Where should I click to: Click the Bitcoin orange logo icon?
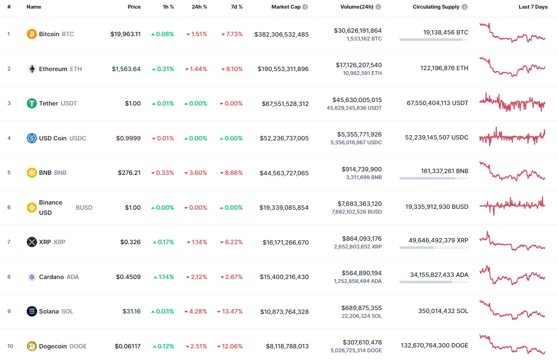[32, 34]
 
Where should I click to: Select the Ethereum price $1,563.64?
[126, 69]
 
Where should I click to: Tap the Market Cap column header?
[286, 7]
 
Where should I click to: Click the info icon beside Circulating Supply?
[464, 7]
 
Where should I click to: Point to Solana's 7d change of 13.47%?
[232, 311]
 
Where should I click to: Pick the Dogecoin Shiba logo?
[32, 346]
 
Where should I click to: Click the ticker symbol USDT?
[69, 103]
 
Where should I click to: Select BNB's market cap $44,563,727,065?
[284, 173]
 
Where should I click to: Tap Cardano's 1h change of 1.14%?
[164, 277]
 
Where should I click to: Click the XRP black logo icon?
[32, 242]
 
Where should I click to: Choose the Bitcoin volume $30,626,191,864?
[358, 31]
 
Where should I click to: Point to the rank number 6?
[9, 208]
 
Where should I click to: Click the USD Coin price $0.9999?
[128, 138]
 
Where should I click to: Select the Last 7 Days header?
[533, 7]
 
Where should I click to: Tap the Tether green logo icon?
[32, 103]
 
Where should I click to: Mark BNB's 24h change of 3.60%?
[196, 173]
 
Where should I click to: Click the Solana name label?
[49, 311]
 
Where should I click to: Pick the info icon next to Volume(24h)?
[378, 7]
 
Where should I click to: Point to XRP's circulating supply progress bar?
[433, 248]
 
